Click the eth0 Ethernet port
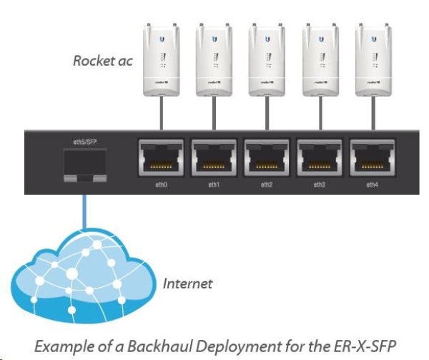[x=161, y=158]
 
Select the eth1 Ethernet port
[x=214, y=158]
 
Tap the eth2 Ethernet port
[x=267, y=158]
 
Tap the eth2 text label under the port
[x=267, y=185]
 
